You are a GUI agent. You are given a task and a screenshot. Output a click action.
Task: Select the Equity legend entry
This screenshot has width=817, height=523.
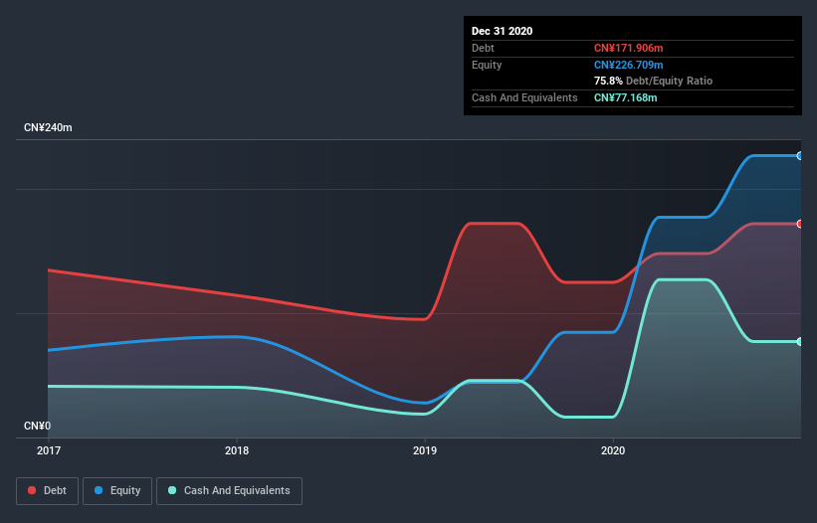pyautogui.click(x=117, y=490)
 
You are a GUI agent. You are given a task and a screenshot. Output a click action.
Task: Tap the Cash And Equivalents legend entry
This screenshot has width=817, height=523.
pyautogui.click(x=229, y=490)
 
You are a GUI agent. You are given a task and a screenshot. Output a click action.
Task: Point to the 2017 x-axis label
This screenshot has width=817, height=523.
pyautogui.click(x=49, y=450)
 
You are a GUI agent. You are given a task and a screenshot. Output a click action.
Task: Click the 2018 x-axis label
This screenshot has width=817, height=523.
pyautogui.click(x=237, y=450)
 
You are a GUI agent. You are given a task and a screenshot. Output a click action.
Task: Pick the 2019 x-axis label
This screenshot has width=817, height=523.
pyautogui.click(x=425, y=450)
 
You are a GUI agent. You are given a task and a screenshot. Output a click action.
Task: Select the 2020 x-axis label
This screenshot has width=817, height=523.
pyautogui.click(x=614, y=450)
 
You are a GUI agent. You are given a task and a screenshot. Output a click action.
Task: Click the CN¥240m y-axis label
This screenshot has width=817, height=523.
pyautogui.click(x=49, y=128)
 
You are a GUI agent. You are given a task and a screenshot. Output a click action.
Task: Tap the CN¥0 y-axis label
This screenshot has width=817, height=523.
pyautogui.click(x=37, y=426)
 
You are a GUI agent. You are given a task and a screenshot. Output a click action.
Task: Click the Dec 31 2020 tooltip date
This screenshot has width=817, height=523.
pyautogui.click(x=502, y=31)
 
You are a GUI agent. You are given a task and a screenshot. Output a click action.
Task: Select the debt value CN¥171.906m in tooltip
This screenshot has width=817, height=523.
pyautogui.click(x=629, y=48)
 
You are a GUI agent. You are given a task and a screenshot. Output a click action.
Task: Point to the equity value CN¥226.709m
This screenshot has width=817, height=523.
pyautogui.click(x=629, y=65)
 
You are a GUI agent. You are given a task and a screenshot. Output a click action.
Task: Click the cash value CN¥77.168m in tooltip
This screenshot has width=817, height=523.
pyautogui.click(x=625, y=97)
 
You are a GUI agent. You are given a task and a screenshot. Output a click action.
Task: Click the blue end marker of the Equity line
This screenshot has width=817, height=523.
pyautogui.click(x=799, y=155)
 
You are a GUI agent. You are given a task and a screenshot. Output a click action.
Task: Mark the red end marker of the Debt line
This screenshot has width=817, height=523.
pyautogui.click(x=799, y=224)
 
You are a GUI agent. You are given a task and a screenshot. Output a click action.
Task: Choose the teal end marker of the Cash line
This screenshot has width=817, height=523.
pyautogui.click(x=799, y=341)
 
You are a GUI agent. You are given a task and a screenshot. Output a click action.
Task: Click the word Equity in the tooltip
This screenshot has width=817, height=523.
pyautogui.click(x=487, y=65)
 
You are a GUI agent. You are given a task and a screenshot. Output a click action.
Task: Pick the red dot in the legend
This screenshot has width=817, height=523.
pyautogui.click(x=33, y=490)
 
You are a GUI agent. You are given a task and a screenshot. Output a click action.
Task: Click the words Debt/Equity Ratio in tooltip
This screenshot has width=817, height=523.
pyautogui.click(x=669, y=81)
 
